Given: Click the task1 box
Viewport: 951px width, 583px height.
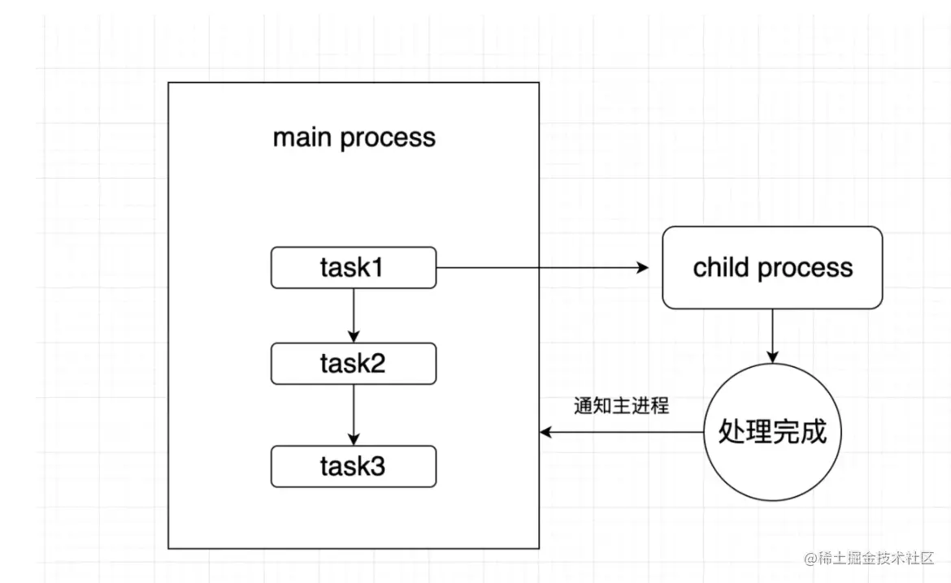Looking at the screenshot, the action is click(x=354, y=267).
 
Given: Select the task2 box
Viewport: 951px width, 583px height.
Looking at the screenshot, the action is click(x=354, y=364).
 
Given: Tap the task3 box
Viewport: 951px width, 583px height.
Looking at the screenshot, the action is click(x=354, y=466).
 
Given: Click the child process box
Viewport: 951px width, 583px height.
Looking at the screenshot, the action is click(x=772, y=267).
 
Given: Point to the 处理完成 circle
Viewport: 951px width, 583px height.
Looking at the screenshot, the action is click(x=772, y=432).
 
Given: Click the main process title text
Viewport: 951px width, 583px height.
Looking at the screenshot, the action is click(x=354, y=137).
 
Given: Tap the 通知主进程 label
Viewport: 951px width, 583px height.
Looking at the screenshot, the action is click(x=621, y=405).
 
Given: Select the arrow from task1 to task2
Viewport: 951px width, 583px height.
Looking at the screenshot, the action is click(x=354, y=315).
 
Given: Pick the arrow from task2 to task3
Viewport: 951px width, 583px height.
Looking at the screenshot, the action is click(x=354, y=415).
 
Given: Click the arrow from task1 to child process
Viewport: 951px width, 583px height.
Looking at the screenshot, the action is click(x=542, y=267).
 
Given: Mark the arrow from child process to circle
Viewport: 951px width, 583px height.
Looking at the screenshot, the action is click(x=772, y=335).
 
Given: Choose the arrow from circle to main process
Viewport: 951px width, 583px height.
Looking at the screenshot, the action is click(x=621, y=432).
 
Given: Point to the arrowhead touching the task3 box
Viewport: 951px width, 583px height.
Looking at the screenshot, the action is click(x=354, y=439).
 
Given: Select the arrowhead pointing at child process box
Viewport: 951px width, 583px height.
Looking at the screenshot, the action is click(x=643, y=267).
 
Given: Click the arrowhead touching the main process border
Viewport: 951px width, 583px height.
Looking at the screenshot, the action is click(x=545, y=432).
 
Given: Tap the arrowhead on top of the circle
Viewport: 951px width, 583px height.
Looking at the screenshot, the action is click(x=772, y=357).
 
